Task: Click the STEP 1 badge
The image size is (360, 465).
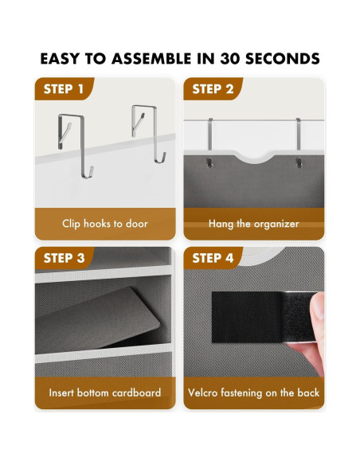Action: click(x=64, y=89)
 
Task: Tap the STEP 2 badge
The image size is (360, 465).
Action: click(x=213, y=89)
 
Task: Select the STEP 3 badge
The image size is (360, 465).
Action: click(x=64, y=258)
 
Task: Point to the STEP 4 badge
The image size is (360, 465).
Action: click(x=213, y=258)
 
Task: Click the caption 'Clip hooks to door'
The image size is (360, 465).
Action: click(x=104, y=224)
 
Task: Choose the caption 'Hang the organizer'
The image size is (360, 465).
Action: click(x=253, y=224)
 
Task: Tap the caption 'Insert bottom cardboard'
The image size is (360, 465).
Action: click(x=104, y=393)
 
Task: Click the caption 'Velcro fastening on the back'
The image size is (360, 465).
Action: click(x=253, y=393)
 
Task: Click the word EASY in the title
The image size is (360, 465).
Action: click(x=62, y=59)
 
